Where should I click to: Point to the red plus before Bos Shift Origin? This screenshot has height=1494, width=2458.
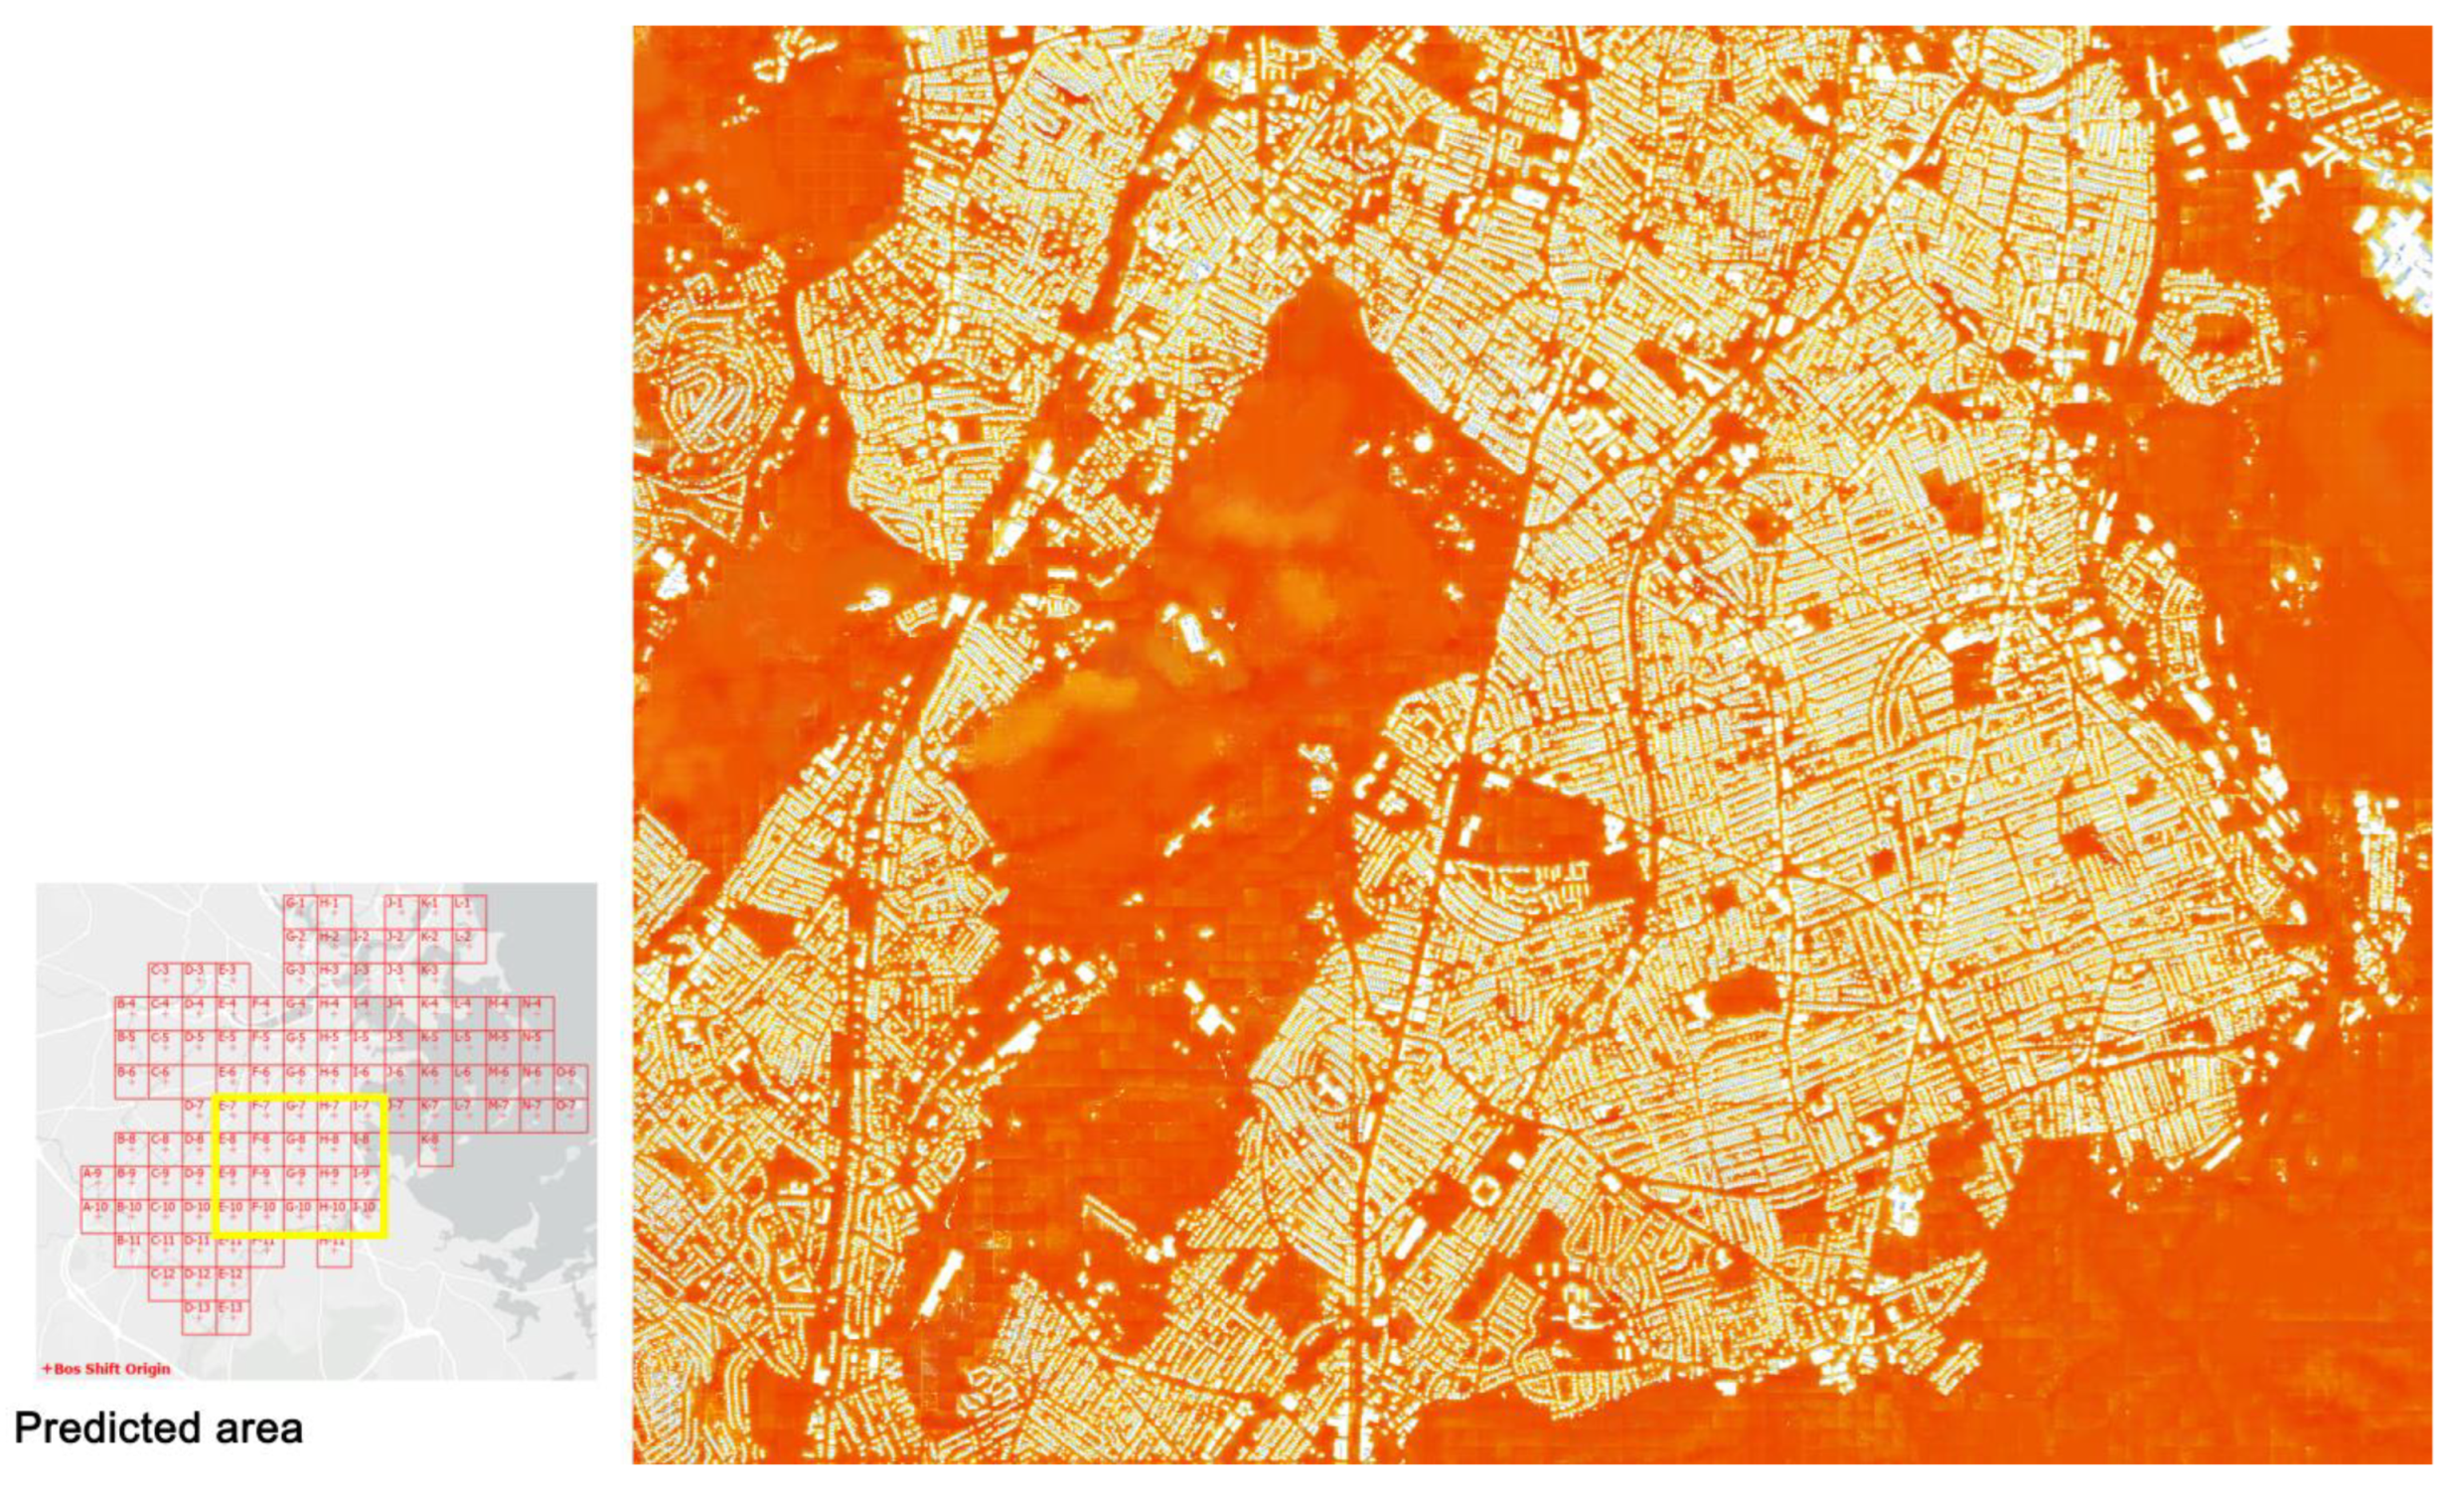tap(46, 1369)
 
